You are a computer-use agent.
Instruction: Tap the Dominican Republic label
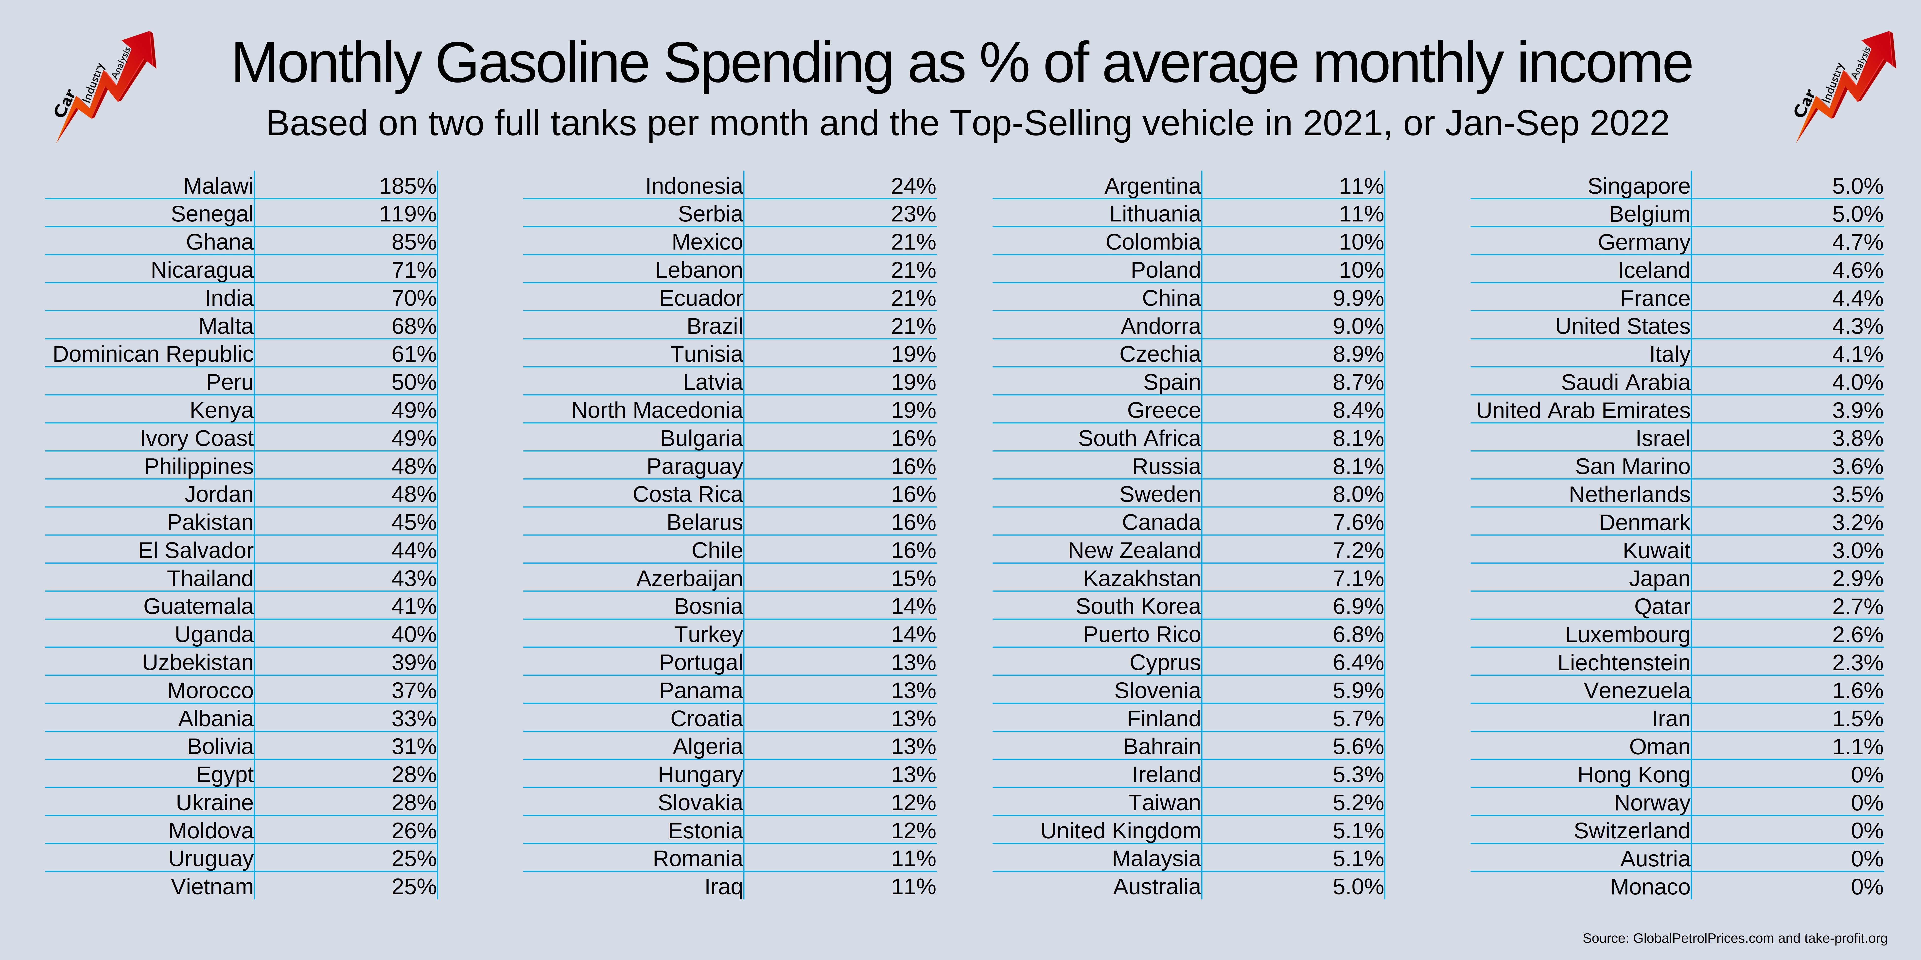tap(153, 354)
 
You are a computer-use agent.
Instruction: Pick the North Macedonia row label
tap(657, 410)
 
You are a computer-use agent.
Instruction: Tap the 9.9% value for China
tap(1358, 298)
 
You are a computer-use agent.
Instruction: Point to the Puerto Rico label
tap(1142, 634)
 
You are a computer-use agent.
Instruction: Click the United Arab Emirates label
tap(1582, 410)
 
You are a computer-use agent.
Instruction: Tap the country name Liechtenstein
tap(1624, 663)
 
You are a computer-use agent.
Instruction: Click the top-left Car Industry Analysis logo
tap(105, 86)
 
